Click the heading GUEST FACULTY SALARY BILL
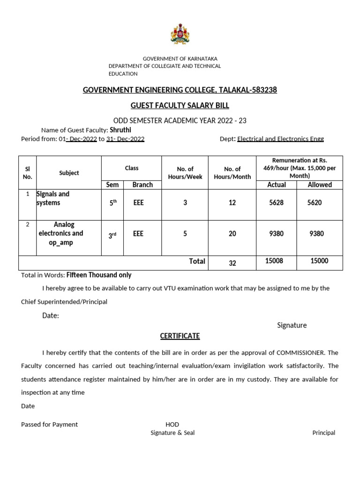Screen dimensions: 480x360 point(180,105)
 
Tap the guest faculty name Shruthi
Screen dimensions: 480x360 point(120,130)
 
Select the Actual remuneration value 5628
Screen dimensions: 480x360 point(277,202)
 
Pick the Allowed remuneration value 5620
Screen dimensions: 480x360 point(314,202)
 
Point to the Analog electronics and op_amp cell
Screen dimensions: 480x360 point(61,233)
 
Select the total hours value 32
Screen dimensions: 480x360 point(232,263)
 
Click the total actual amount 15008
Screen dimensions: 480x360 point(274,261)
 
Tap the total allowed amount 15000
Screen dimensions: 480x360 point(319,261)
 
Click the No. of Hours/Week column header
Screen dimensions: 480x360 point(185,172)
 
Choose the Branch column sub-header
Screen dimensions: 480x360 point(142,185)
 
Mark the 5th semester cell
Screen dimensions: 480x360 point(112,202)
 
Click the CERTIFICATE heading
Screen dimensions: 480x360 point(180,336)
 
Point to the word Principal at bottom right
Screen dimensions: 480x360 point(323,433)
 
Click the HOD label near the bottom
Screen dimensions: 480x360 point(172,424)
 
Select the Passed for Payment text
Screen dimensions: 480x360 point(49,424)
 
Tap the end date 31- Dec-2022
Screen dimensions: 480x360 point(125,139)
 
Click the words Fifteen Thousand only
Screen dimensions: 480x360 point(99,275)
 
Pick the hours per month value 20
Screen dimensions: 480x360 point(232,233)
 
